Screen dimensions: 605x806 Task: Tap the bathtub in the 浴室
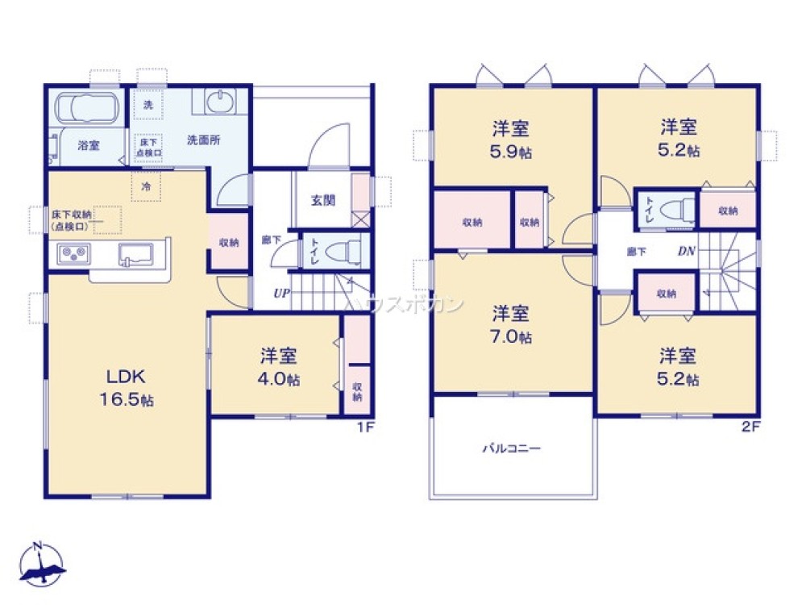pyautogui.click(x=87, y=107)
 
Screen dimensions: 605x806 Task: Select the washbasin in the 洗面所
pyautogui.click(x=218, y=102)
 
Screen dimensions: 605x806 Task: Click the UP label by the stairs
pyautogui.click(x=280, y=293)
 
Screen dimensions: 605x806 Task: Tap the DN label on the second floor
pyautogui.click(x=686, y=251)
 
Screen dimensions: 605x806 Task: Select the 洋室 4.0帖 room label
pyautogui.click(x=279, y=367)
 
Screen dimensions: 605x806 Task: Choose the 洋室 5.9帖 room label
pyautogui.click(x=512, y=139)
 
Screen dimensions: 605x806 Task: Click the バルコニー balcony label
pyautogui.click(x=512, y=447)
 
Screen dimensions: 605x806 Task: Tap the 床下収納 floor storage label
pyautogui.click(x=73, y=220)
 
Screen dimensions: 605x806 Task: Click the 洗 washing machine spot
pyautogui.click(x=147, y=105)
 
